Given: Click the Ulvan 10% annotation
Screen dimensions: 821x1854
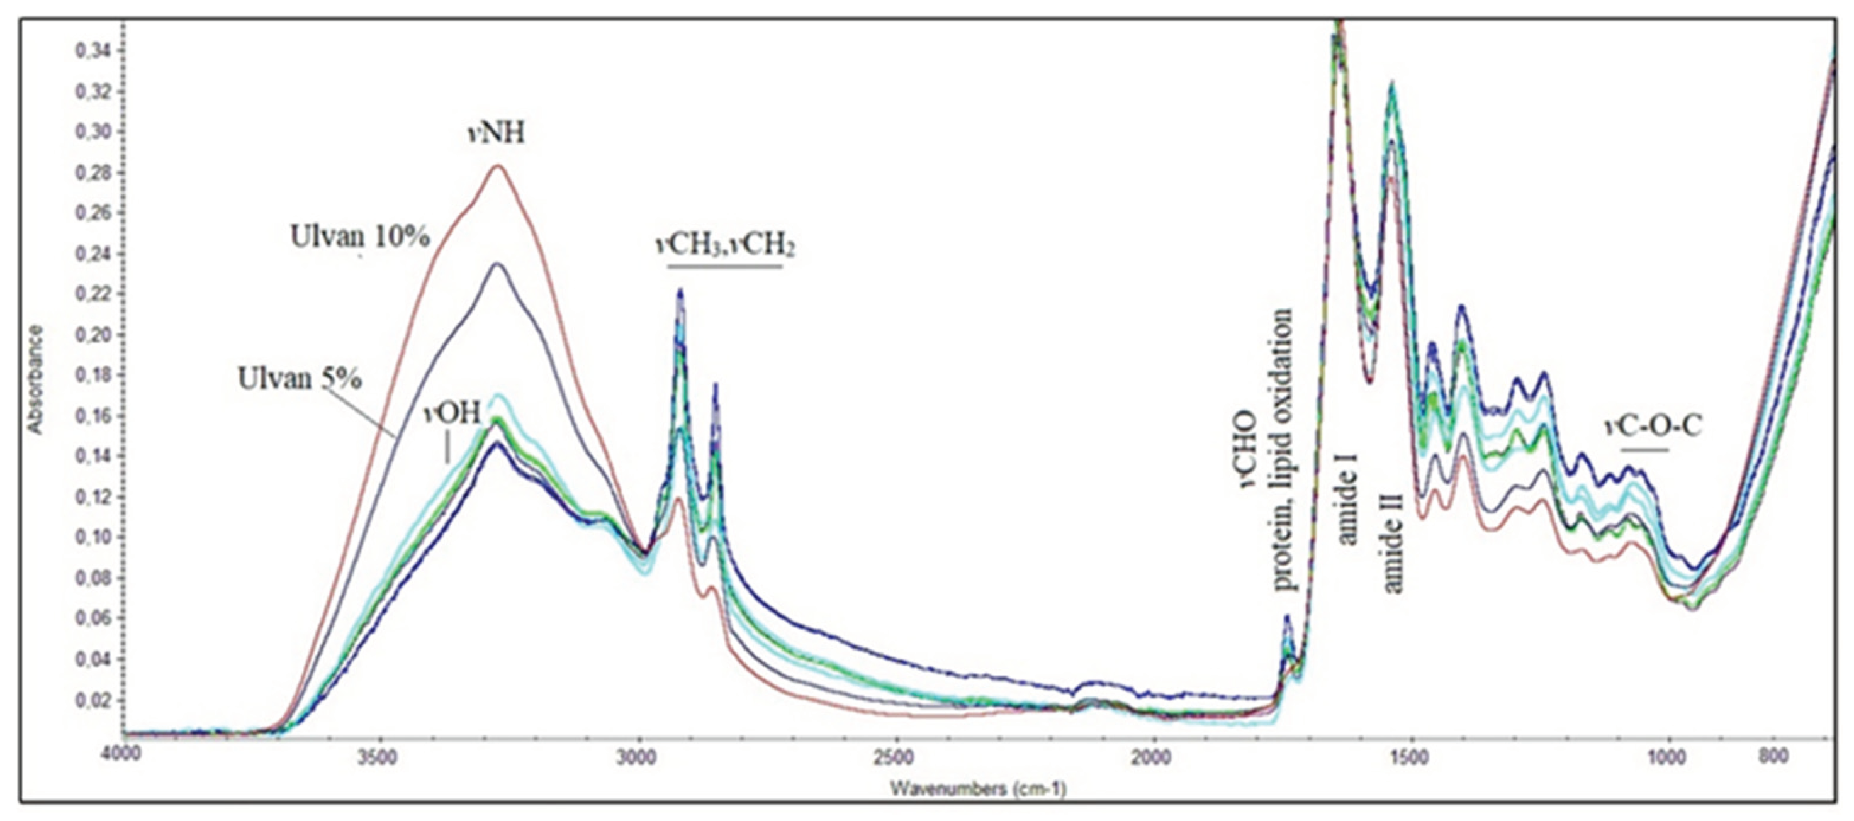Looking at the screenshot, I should (x=360, y=237).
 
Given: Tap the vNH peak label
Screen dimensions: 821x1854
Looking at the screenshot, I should (x=497, y=134).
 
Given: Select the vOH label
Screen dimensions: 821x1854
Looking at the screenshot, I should (x=452, y=413).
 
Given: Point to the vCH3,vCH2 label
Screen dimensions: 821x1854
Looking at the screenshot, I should (x=725, y=245).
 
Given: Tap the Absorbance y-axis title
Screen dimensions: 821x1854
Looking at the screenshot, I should (x=35, y=379).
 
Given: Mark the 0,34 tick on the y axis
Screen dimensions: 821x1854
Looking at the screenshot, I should (x=91, y=51).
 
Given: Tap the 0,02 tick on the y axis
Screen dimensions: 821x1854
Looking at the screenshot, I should (x=91, y=700).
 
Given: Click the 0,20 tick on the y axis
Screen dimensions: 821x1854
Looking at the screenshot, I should (x=91, y=335).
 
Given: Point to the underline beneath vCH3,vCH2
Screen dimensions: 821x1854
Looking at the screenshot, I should (x=725, y=267).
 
